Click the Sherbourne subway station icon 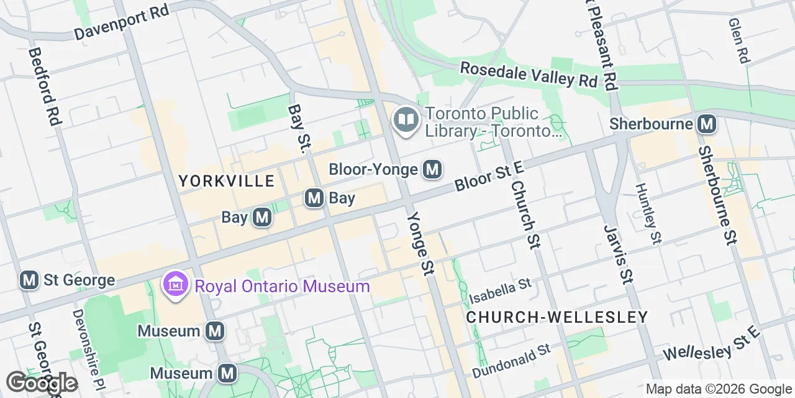[707, 124]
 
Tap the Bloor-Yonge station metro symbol [432, 169]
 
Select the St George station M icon [29, 280]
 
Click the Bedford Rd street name [43, 87]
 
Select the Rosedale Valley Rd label [528, 74]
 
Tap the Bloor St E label [489, 176]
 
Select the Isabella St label [500, 288]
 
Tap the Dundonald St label [511, 360]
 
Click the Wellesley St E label [711, 344]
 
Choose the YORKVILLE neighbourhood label [226, 181]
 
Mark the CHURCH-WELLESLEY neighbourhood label [556, 317]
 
